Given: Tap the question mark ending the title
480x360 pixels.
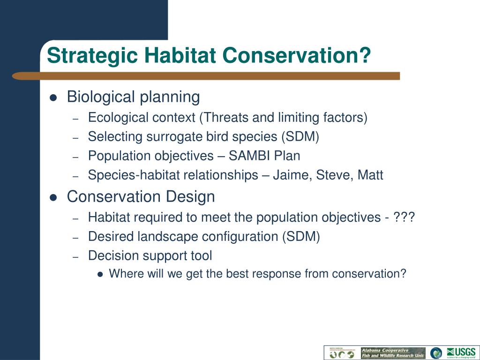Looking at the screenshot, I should [365, 56].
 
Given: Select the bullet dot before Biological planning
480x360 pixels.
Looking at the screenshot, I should [53, 98].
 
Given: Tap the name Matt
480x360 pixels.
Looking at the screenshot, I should [370, 175].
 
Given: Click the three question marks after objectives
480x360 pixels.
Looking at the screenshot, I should [404, 217].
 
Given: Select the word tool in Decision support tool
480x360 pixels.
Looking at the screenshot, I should [200, 256].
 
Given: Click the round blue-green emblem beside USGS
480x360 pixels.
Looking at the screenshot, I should [436, 353].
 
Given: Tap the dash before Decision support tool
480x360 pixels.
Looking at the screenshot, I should [76, 257].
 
